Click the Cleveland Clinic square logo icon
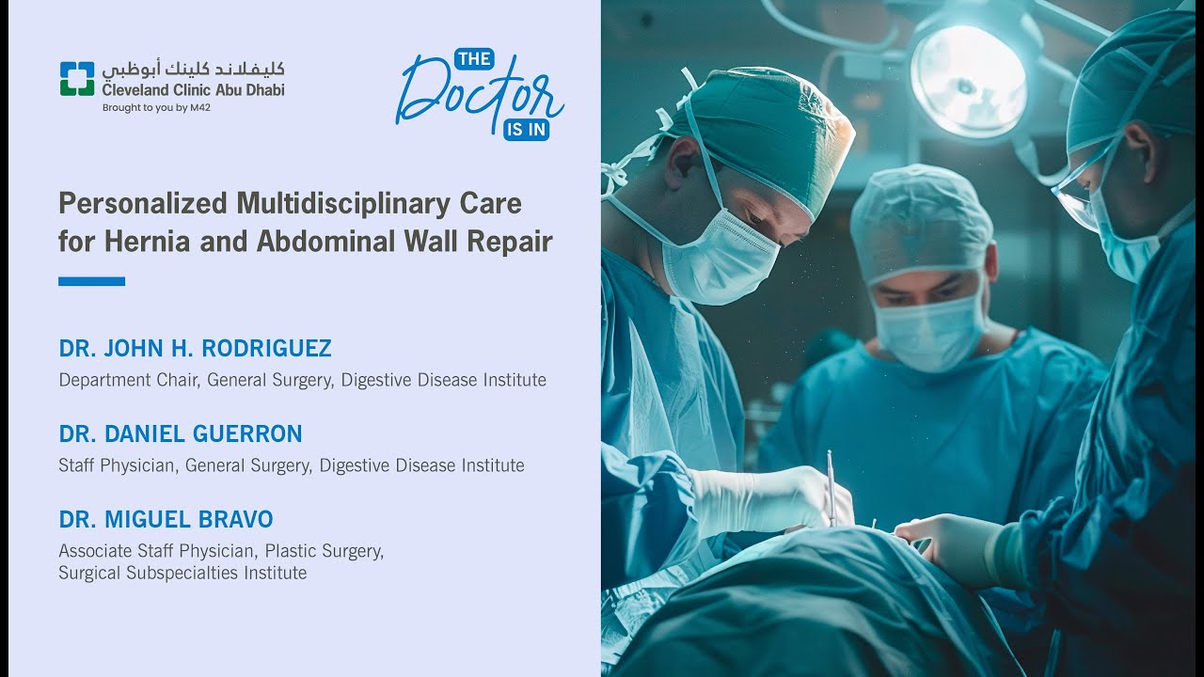pos(77,79)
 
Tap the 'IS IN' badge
pos(526,130)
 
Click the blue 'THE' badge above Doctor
pos(473,59)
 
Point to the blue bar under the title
pos(91,281)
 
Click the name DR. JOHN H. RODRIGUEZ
pos(195,349)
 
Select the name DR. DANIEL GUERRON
pos(181,433)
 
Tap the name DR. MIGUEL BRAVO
pos(166,519)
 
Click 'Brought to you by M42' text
pos(156,107)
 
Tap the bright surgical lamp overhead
pos(969,80)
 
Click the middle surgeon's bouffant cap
pos(921,220)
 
